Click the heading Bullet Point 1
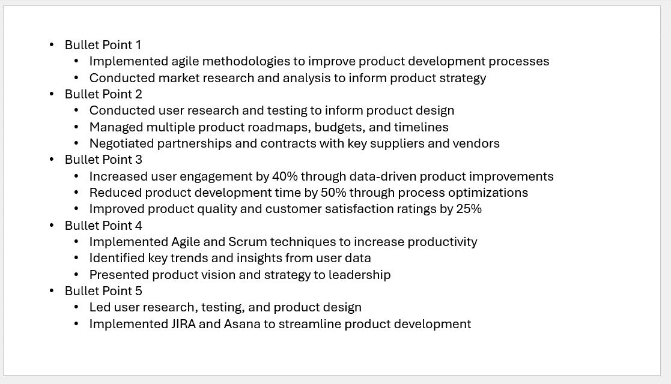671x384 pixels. point(103,45)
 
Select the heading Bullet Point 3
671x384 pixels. point(103,160)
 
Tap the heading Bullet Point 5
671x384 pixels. point(103,291)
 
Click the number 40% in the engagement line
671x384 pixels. point(285,176)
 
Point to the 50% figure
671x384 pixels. point(333,193)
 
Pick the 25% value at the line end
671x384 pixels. point(469,209)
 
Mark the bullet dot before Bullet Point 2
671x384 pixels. point(52,94)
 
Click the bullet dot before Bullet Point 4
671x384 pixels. point(52,226)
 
